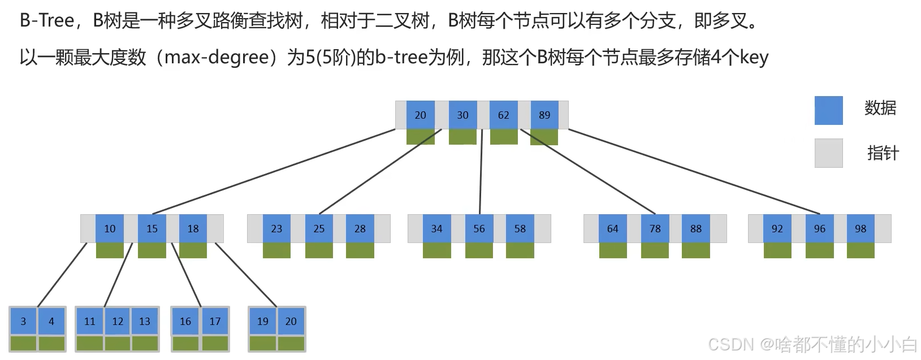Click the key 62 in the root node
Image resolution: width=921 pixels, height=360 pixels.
[503, 115]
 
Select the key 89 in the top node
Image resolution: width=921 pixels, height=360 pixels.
[544, 115]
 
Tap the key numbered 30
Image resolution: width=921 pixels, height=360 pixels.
[462, 115]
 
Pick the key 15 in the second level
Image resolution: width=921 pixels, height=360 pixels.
[152, 229]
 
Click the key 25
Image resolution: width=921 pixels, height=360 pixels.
[319, 229]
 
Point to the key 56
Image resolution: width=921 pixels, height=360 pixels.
[479, 229]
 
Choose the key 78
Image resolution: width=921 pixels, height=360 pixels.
[655, 229]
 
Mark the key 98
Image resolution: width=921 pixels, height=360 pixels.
[861, 229]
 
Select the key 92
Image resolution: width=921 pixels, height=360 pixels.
[777, 229]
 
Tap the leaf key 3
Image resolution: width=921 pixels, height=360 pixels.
[23, 322]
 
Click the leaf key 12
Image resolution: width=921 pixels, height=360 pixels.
[118, 322]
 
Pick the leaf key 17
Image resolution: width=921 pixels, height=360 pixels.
[215, 322]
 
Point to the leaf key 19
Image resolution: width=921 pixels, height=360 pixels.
[263, 322]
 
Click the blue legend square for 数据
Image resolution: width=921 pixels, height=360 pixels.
[828, 110]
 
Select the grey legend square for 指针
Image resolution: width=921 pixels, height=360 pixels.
[828, 153]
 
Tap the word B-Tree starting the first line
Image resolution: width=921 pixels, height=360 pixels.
[47, 21]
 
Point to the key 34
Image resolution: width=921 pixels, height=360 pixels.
[436, 229]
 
